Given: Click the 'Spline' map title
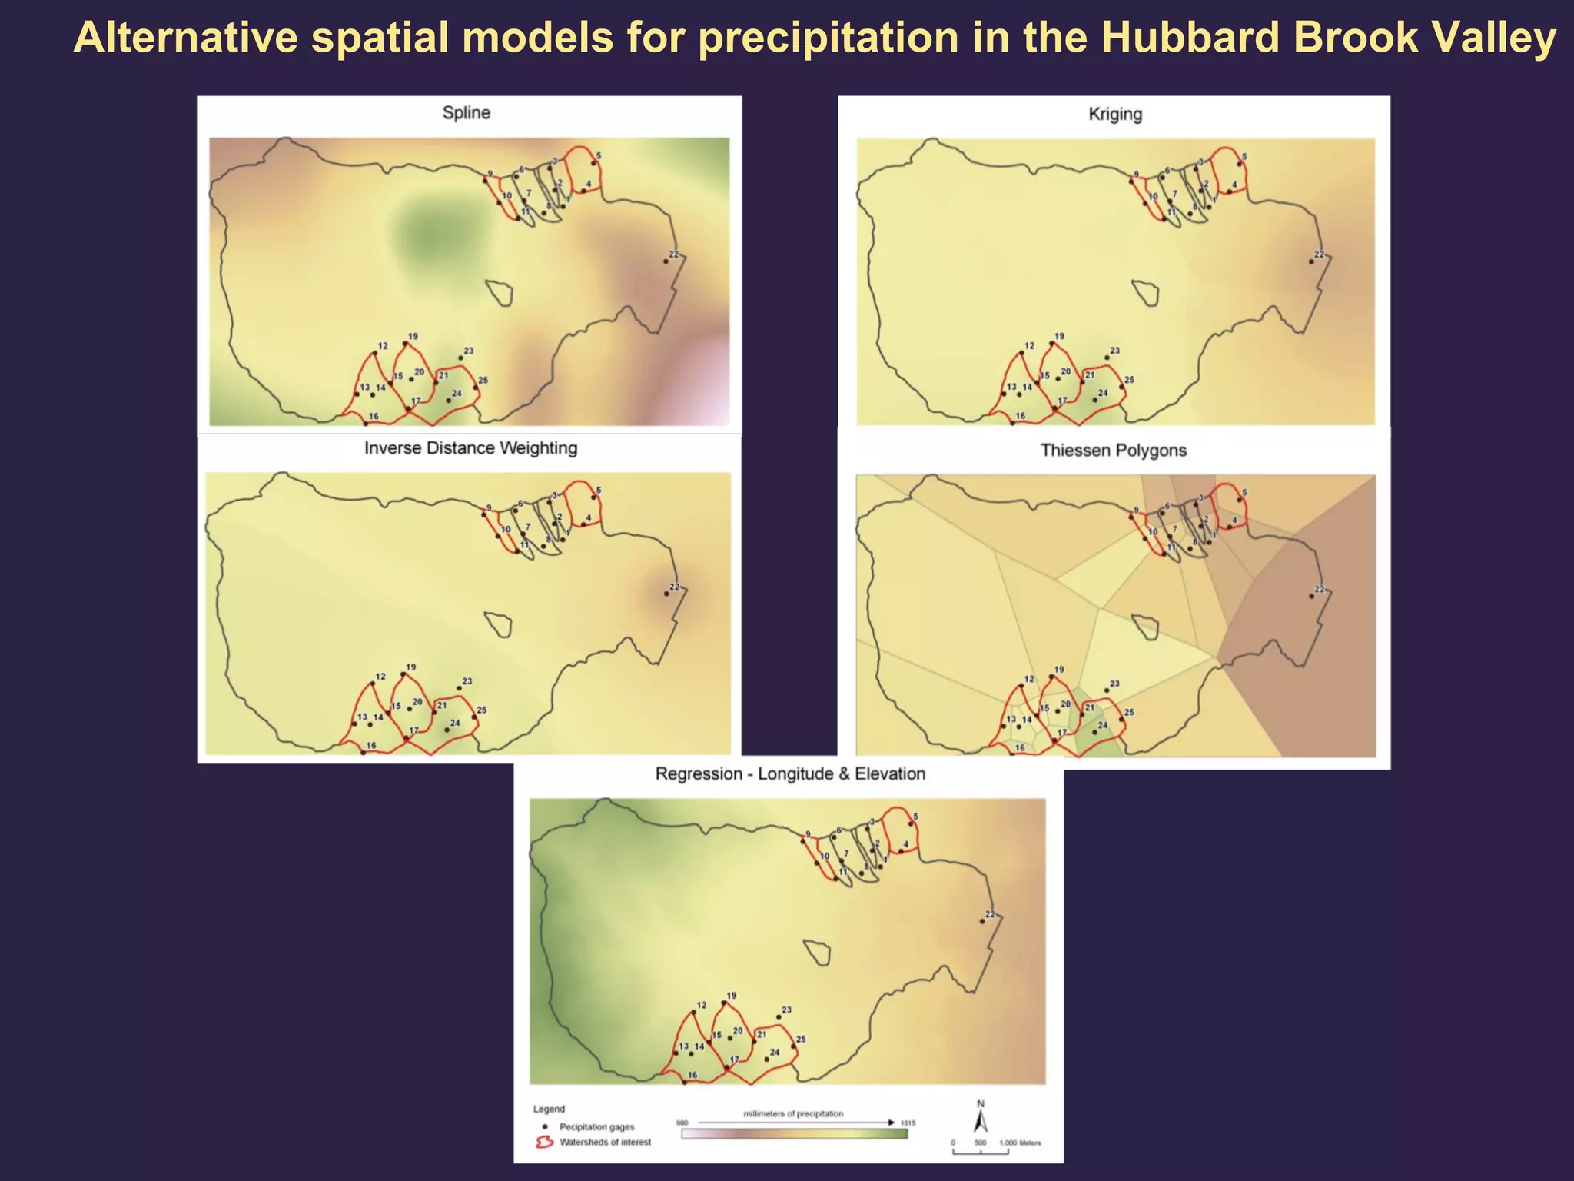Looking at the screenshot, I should (466, 113).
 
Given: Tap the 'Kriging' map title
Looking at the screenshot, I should (1115, 115).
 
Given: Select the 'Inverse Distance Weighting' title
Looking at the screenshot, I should (470, 448).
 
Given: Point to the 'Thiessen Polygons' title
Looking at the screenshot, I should (1113, 451).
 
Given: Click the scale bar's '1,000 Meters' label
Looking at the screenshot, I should (1020, 1143).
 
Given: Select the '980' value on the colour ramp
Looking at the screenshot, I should (682, 1123).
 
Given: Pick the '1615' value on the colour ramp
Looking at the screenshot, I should (908, 1123).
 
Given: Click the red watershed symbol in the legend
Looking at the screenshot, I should (544, 1143).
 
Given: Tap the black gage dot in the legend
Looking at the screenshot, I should (544, 1126).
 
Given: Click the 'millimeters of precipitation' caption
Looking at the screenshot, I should (793, 1113).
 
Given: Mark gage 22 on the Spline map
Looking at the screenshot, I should (666, 261).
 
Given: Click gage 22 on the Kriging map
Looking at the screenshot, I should (1311, 261).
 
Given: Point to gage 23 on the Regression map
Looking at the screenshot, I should (778, 1017).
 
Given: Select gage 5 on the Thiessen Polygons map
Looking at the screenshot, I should (1239, 501).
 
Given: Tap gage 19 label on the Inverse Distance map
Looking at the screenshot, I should (411, 667).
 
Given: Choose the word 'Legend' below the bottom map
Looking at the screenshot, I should (549, 1109).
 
